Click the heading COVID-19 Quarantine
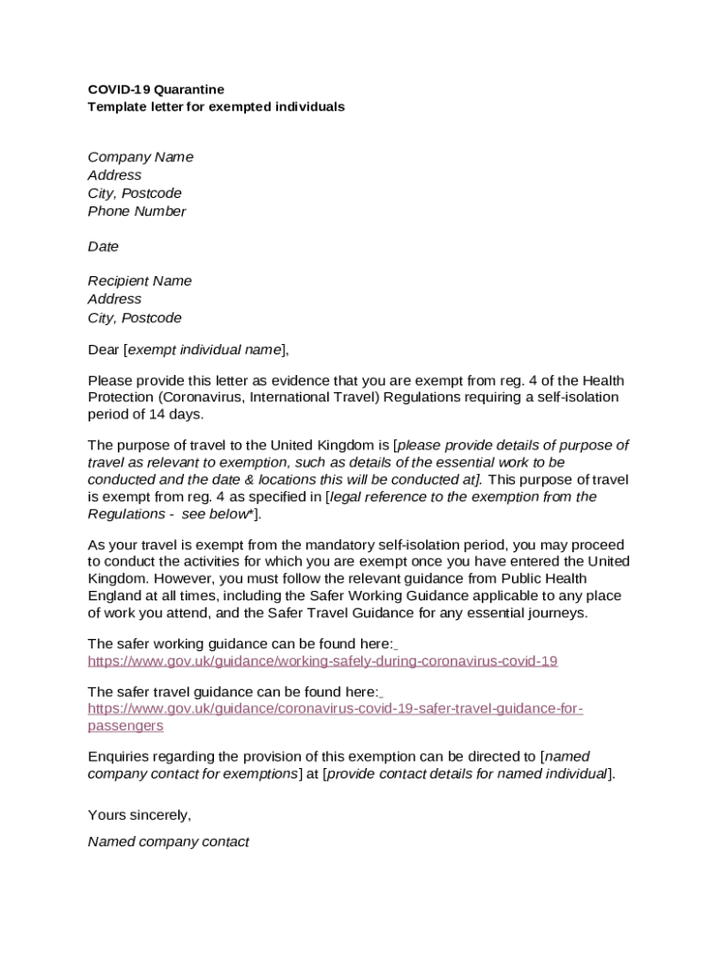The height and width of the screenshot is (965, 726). point(156,90)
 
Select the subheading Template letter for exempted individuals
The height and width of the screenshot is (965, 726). point(216,107)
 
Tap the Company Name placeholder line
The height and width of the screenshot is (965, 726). point(140,157)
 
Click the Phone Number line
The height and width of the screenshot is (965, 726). point(137,211)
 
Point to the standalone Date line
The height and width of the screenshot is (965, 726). point(103,247)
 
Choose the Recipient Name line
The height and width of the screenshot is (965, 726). point(140,281)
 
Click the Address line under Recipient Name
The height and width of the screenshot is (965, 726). point(114,300)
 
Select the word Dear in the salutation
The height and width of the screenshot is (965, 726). point(104,351)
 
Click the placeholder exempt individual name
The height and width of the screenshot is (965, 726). point(204,351)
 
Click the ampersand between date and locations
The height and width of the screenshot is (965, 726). point(259,480)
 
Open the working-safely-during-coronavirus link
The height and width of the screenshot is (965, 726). point(322,662)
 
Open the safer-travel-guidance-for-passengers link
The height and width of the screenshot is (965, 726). point(335,709)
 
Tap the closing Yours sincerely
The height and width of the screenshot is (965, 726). point(140,815)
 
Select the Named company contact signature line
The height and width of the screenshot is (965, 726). point(168,842)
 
